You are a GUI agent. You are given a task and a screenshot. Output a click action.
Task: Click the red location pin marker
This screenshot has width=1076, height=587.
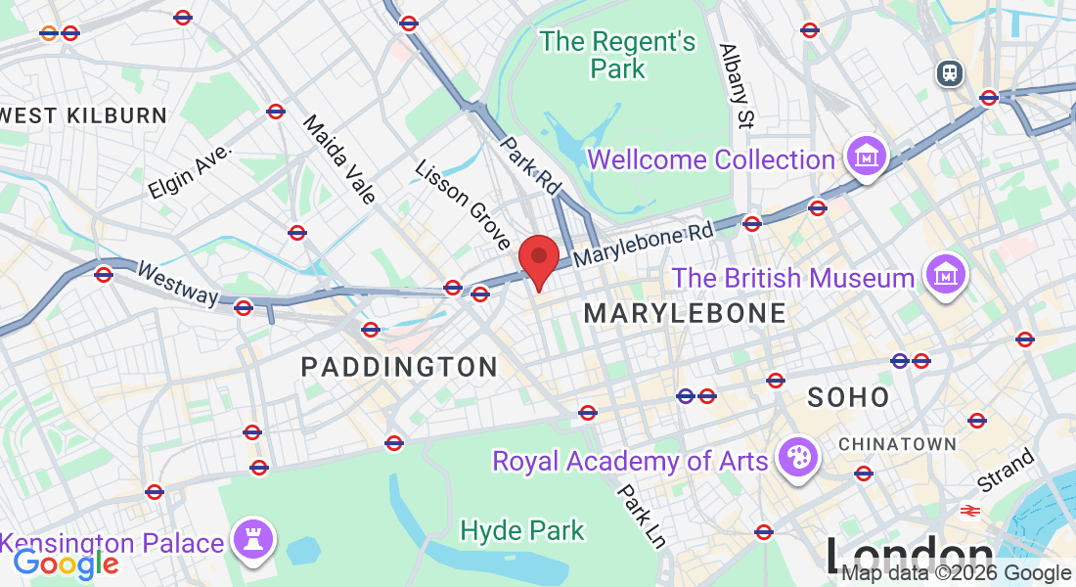coord(538,258)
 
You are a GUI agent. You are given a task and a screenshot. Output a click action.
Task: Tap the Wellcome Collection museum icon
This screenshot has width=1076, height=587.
coord(867,156)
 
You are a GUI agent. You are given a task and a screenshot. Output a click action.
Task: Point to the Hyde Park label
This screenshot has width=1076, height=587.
coord(522,531)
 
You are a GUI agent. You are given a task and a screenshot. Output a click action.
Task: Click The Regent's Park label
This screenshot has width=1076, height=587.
coord(618,55)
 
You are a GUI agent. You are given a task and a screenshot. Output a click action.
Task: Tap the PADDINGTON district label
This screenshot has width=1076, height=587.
coord(399,368)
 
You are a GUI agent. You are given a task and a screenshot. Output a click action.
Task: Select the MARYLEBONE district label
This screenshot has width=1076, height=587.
coord(685,313)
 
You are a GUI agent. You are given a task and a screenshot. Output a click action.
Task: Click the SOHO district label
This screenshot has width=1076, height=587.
coord(849,397)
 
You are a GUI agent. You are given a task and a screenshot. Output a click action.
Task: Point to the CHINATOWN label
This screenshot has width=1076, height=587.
coord(897,444)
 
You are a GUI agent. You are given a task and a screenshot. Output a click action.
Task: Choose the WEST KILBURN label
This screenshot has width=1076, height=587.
coord(84,115)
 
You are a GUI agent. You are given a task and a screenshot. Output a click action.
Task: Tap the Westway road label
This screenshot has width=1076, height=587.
coord(177,283)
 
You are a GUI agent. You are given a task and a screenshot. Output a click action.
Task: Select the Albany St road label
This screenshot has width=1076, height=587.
coord(739,86)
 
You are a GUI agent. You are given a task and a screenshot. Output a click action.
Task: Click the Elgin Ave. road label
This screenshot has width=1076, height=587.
coord(190,172)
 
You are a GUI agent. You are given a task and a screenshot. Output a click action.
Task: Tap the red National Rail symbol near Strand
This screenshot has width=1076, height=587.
coord(969,510)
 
